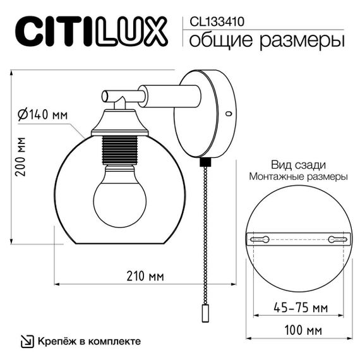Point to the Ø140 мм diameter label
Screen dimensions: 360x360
[43, 115]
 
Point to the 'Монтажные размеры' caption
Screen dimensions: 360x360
[298, 177]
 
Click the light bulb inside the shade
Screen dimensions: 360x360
[119, 200]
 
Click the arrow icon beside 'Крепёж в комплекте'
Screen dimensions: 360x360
[28, 341]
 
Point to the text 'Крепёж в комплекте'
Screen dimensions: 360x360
[89, 341]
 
